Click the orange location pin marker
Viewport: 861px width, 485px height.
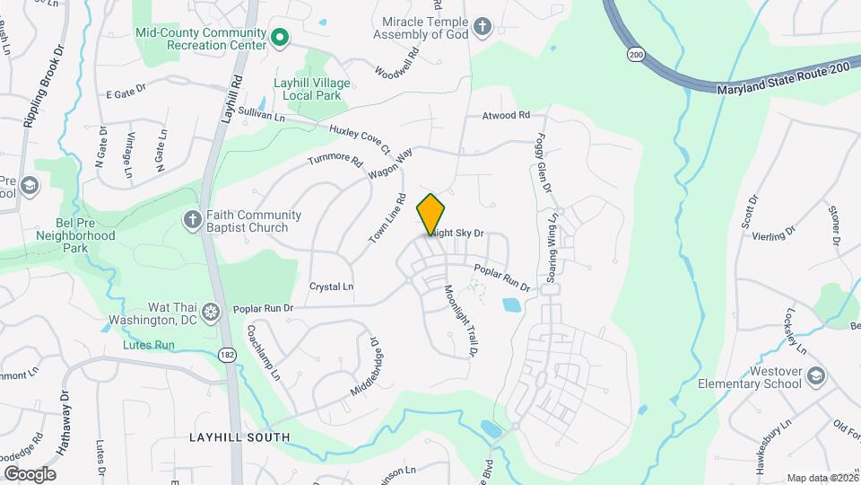(431, 215)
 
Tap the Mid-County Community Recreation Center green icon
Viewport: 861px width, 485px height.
(279, 38)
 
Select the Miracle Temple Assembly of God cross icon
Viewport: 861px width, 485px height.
(483, 26)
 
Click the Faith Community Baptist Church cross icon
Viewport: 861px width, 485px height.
(191, 218)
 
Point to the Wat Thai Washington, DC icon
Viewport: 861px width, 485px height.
(211, 312)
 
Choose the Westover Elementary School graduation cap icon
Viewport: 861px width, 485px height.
(815, 374)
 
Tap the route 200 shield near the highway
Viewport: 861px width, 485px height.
(636, 55)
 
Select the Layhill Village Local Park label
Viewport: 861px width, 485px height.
(312, 89)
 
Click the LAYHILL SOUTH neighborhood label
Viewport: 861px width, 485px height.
(239, 437)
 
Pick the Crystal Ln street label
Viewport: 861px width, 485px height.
(331, 287)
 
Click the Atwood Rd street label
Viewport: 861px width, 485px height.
(507, 116)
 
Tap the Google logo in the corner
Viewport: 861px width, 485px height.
(30, 473)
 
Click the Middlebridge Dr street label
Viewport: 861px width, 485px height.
(365, 369)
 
